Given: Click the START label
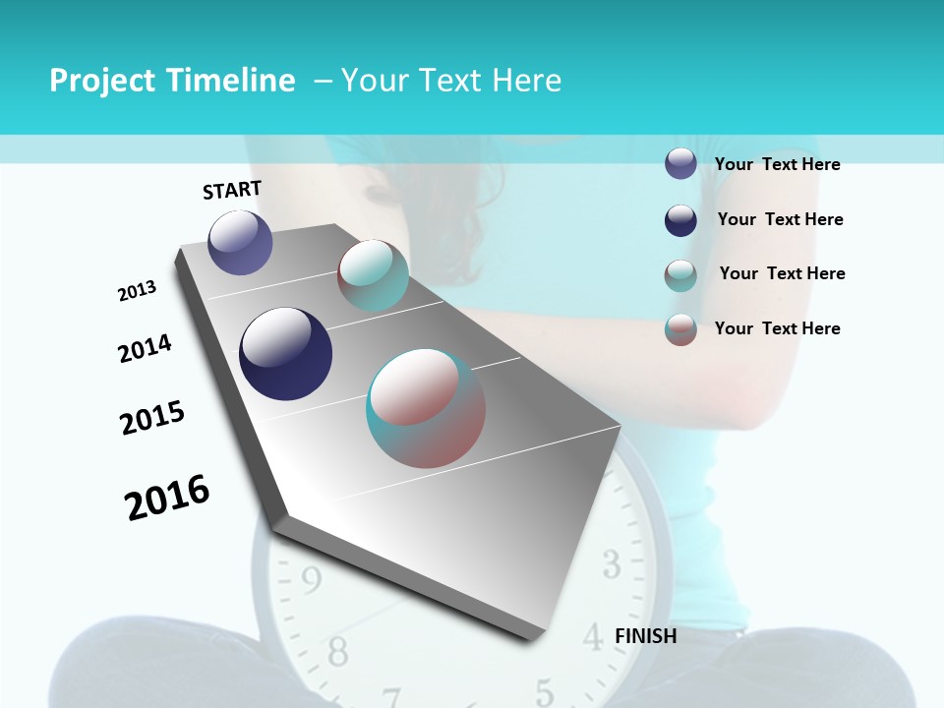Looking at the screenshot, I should tap(232, 190).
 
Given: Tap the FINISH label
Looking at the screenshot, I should tap(645, 636).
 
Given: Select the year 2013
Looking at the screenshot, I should tap(137, 291).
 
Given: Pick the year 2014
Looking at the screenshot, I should tap(145, 348).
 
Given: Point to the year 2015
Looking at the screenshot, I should tap(152, 418).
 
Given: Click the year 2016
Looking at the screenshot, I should tap(167, 497).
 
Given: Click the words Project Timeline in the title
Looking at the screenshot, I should tap(172, 81).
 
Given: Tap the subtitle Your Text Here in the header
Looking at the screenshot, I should tap(450, 81).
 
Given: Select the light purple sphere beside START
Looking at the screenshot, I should tap(240, 242).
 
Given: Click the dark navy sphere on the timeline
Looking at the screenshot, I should tap(285, 354).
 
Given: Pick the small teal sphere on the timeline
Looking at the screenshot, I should tap(373, 275).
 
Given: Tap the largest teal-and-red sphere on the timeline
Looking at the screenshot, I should tap(426, 408).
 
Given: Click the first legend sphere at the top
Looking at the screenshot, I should tap(680, 164).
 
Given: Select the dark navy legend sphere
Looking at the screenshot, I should tap(680, 220).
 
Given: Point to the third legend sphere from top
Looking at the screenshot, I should tap(680, 275).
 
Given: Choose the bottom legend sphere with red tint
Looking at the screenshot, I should tap(680, 329).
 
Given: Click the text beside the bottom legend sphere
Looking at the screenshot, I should tap(777, 328).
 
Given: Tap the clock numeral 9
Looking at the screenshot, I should tap(311, 582).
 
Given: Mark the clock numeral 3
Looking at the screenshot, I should tap(611, 564).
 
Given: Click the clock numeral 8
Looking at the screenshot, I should tap(337, 650).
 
